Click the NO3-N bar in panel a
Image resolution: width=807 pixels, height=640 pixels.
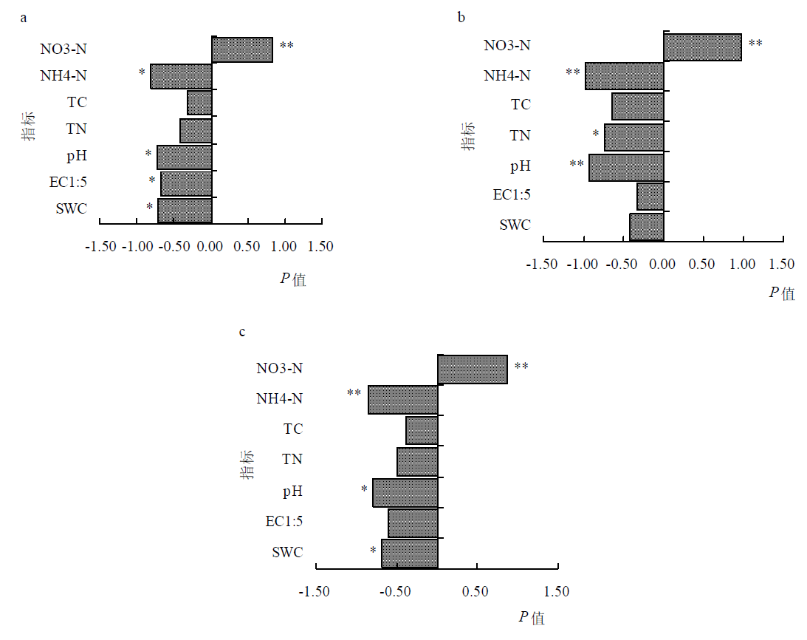pyautogui.click(x=242, y=50)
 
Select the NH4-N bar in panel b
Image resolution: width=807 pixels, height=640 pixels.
pyautogui.click(x=624, y=75)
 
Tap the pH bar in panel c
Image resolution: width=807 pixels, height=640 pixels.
pyautogui.click(x=405, y=492)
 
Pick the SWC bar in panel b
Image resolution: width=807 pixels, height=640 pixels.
pyautogui.click(x=646, y=226)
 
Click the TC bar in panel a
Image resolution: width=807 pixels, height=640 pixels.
pyautogui.click(x=199, y=103)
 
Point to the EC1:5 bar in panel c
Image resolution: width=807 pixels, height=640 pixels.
pyautogui.click(x=413, y=522)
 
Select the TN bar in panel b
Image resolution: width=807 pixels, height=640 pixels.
pyautogui.click(x=633, y=137)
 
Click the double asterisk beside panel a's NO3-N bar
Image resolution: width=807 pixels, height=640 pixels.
pyautogui.click(x=286, y=46)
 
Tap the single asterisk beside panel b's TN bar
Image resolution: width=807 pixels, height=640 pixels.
pyautogui.click(x=596, y=135)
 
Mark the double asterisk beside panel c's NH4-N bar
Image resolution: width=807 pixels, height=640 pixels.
pyautogui.click(x=354, y=392)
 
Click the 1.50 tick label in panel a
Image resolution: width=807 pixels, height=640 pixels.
pyautogui.click(x=320, y=246)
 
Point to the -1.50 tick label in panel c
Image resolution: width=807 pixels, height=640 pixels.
pyautogui.click(x=315, y=591)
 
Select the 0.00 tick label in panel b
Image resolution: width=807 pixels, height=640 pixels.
pyautogui.click(x=663, y=264)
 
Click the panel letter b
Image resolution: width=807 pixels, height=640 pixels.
pyautogui.click(x=461, y=18)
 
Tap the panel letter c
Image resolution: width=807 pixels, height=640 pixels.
pyautogui.click(x=243, y=332)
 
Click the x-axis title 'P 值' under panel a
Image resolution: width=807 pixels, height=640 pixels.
pyautogui.click(x=292, y=279)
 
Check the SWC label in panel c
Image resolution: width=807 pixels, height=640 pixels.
pyautogui.click(x=287, y=552)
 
